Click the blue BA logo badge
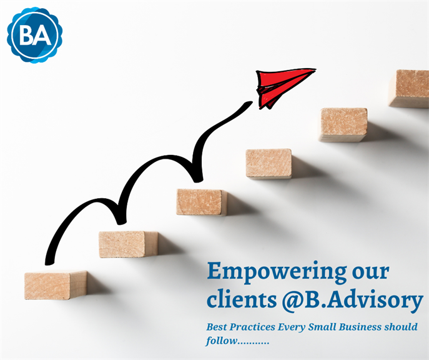pyautogui.click(x=35, y=35)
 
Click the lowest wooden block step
pyautogui.click(x=56, y=285)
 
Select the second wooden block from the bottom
pyautogui.click(x=128, y=244)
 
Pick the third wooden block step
pyautogui.click(x=202, y=202)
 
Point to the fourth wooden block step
pyautogui.click(x=269, y=164)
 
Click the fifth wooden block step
pyautogui.click(x=344, y=125)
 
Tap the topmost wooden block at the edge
pyautogui.click(x=409, y=88)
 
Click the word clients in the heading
pyautogui.click(x=242, y=299)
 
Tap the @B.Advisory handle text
pyautogui.click(x=352, y=301)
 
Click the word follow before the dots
pyautogui.click(x=221, y=341)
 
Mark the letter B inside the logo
pyautogui.click(x=27, y=35)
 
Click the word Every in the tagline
pyautogui.click(x=292, y=327)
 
